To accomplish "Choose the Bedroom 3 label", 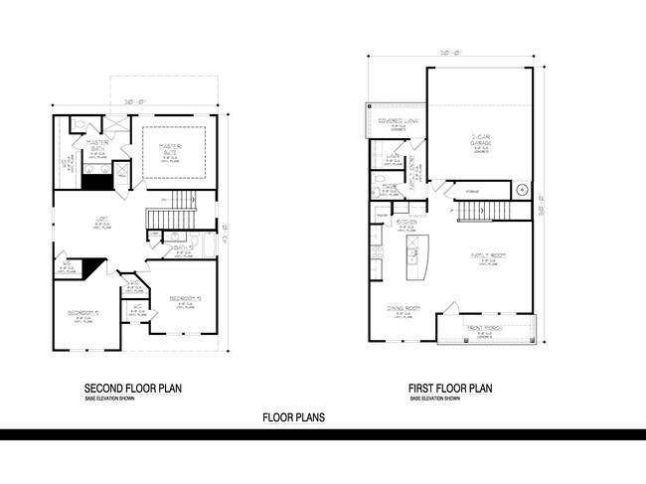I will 185,297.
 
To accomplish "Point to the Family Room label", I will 491,255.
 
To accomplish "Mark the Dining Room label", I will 404,308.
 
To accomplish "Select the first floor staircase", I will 476,211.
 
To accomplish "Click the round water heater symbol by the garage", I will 521,190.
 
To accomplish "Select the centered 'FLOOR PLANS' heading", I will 293,418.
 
